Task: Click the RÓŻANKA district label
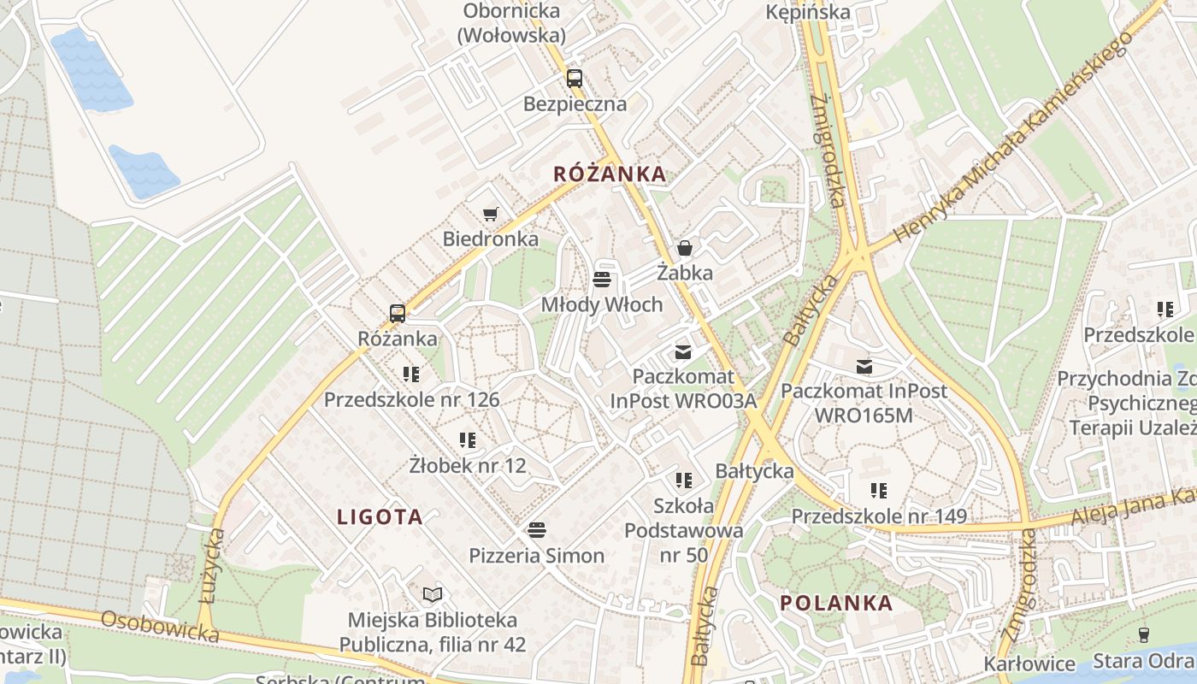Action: pos(609,174)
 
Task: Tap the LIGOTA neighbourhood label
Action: pos(380,516)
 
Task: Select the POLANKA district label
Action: pos(836,603)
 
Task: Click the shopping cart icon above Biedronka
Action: pos(490,214)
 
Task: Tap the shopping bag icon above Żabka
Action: pos(684,248)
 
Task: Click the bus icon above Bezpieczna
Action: pos(575,79)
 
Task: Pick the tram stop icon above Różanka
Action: pos(397,313)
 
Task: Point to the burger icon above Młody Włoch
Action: pos(601,279)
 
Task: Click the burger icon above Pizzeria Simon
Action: pos(536,529)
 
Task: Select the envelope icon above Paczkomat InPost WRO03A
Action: pos(682,351)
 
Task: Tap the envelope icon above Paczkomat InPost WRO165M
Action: pos(864,366)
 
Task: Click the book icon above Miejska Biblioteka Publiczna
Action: pos(433,593)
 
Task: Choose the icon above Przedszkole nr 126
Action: pos(411,374)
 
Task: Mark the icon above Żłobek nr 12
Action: pos(467,440)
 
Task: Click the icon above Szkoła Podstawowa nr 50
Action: pos(683,480)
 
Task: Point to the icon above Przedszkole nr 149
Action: pos(878,491)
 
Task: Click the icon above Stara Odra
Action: pos(1143,634)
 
